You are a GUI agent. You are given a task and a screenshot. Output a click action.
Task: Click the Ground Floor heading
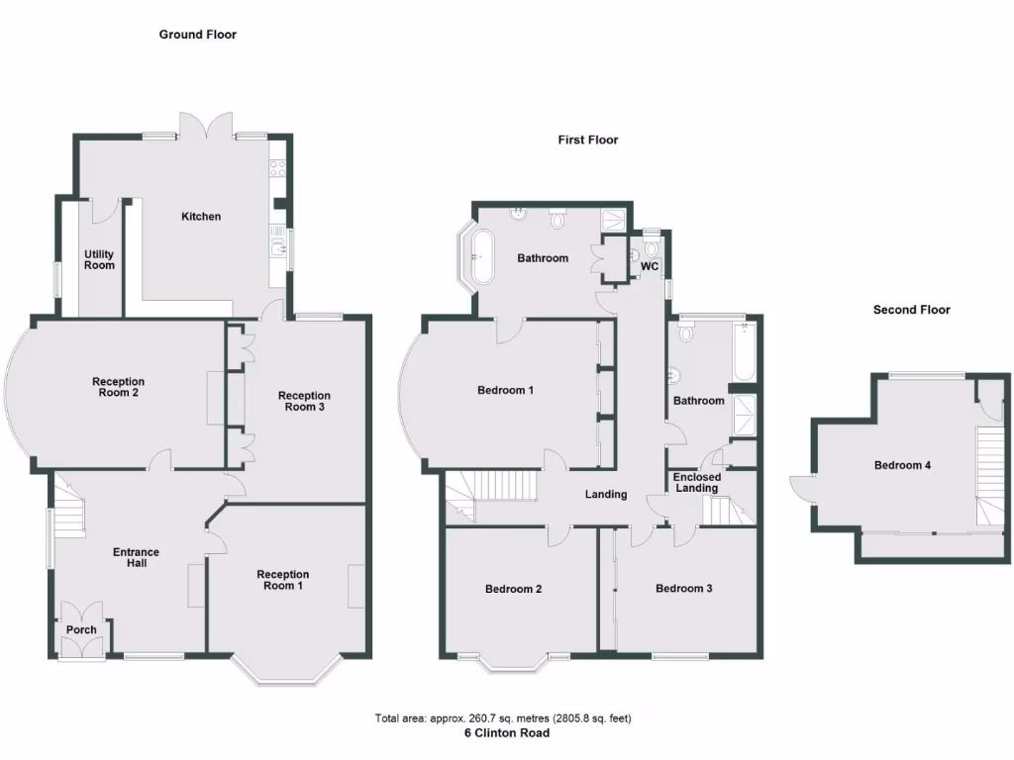pos(198,35)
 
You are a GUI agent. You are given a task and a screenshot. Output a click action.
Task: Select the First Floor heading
pos(587,140)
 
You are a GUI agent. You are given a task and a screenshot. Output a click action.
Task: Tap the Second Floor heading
pos(911,310)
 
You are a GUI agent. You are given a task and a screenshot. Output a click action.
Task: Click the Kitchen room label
pos(200,217)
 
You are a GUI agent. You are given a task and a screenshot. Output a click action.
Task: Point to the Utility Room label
pos(99,259)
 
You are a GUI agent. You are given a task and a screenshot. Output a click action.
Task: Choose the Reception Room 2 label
pos(118,388)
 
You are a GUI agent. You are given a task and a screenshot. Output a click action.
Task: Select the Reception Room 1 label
pos(282,580)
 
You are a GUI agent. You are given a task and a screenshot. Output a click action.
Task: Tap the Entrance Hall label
pos(136,558)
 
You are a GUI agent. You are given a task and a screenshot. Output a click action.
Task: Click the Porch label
pos(81,629)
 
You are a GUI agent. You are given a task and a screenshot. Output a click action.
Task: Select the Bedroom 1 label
pos(505,390)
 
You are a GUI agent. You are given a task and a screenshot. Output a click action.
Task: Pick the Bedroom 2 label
pos(513,589)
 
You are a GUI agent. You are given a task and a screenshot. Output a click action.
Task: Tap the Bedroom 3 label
pos(683,589)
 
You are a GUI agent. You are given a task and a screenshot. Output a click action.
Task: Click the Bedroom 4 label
pos(901,465)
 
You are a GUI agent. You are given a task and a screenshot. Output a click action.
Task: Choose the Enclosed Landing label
pos(697,482)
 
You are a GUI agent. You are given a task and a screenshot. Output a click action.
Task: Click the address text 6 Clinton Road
pos(507,733)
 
